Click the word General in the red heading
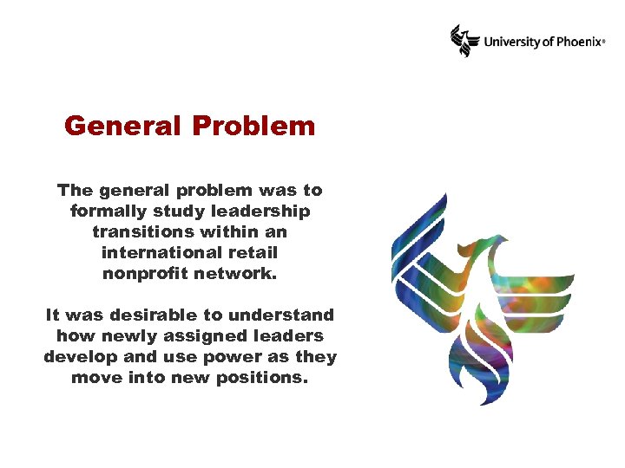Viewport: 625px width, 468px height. (x=122, y=127)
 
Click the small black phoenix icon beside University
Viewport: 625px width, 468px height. (x=464, y=40)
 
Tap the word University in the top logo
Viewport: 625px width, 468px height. (x=510, y=41)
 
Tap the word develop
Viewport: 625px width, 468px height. (x=79, y=356)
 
